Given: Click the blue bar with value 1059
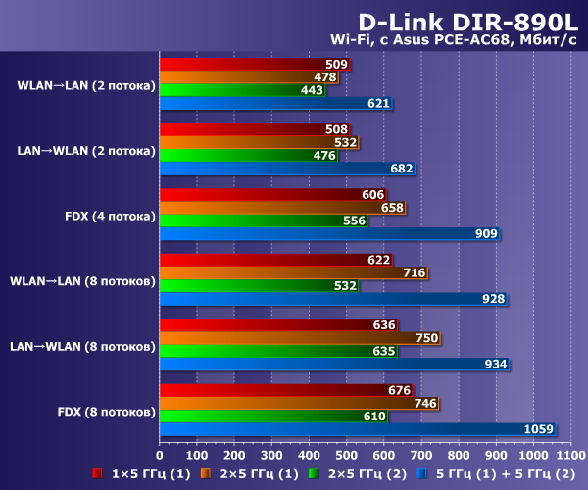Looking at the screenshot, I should coord(357,428).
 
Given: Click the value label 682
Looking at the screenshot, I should coord(402,169).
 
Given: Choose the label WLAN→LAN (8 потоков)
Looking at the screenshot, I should coord(82,281).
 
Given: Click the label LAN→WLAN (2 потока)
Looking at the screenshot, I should coord(86,150).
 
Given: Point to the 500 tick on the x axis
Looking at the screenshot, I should coord(346,455).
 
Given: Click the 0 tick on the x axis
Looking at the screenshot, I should coord(160,455).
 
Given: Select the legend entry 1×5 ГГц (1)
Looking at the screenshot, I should coord(145,473).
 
